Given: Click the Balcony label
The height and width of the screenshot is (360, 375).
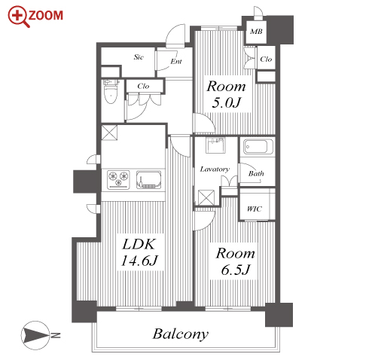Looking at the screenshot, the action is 181,334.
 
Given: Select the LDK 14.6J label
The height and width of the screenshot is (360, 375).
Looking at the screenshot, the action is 139,252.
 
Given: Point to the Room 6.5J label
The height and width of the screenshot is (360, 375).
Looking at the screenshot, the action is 235,261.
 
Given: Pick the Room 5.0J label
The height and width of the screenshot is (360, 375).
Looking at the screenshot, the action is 226,94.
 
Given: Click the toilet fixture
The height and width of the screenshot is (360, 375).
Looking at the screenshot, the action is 111,91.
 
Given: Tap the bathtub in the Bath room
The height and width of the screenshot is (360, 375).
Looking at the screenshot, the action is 258,147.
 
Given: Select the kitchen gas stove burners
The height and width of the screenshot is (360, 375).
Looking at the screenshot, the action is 118,179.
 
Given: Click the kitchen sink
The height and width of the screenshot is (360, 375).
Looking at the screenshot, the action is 148,179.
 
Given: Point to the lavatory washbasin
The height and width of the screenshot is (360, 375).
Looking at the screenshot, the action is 215,145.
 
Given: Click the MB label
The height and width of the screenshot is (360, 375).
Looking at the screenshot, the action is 256,32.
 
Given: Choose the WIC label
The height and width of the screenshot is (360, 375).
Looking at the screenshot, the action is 255,209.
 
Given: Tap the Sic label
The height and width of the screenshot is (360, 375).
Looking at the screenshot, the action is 139,57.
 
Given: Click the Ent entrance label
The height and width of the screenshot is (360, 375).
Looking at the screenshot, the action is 176,61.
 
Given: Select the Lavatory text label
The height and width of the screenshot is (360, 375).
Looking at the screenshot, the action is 215,169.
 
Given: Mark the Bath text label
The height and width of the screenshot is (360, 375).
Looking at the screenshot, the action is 256,173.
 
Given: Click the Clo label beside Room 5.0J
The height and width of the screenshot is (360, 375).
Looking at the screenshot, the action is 266,59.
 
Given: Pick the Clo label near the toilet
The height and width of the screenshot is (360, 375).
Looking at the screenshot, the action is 143,86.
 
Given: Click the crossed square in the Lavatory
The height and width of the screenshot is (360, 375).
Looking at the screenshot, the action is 206,197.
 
